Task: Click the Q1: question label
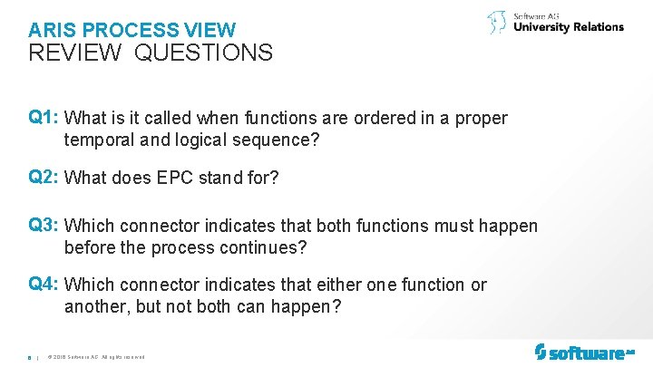click(x=44, y=118)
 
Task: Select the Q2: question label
click(x=44, y=178)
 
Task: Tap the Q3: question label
click(x=44, y=226)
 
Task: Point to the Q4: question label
click(x=44, y=285)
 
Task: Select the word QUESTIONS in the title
click(x=203, y=53)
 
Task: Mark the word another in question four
click(x=97, y=307)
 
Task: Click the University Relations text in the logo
click(x=569, y=27)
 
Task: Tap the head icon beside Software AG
click(x=497, y=23)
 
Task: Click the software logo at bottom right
click(x=584, y=352)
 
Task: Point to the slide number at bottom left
click(x=30, y=356)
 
